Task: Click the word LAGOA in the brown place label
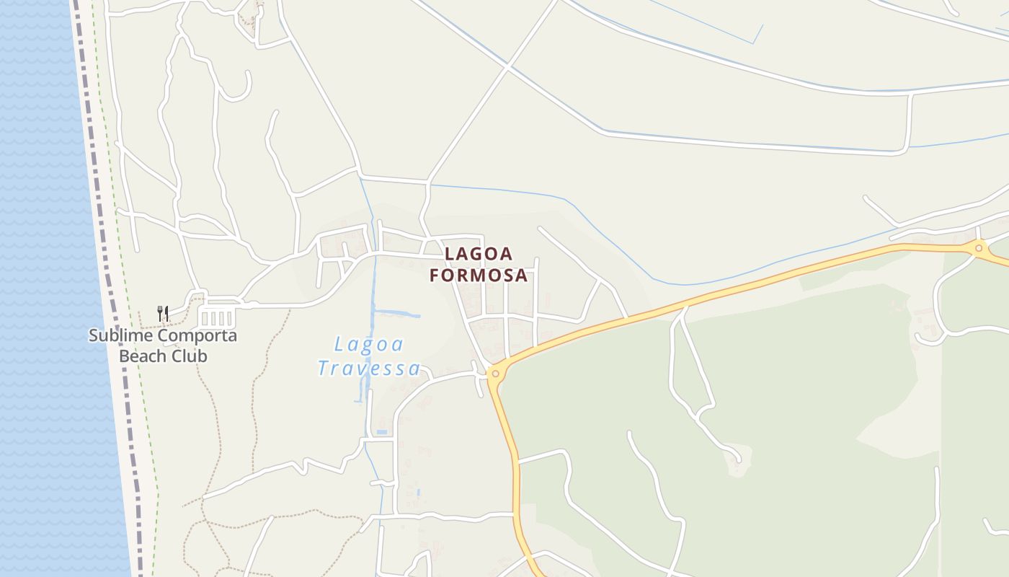tap(479, 254)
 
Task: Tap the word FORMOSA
tap(479, 276)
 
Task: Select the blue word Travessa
tap(368, 369)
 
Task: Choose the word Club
tap(189, 356)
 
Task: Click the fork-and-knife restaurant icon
tap(164, 314)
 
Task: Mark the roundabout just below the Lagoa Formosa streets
tap(495, 374)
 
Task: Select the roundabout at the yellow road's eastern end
tap(978, 248)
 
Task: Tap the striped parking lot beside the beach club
tap(218, 318)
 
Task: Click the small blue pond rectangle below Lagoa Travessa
tap(381, 432)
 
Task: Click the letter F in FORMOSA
tap(435, 276)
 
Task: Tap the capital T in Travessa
tap(324, 369)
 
